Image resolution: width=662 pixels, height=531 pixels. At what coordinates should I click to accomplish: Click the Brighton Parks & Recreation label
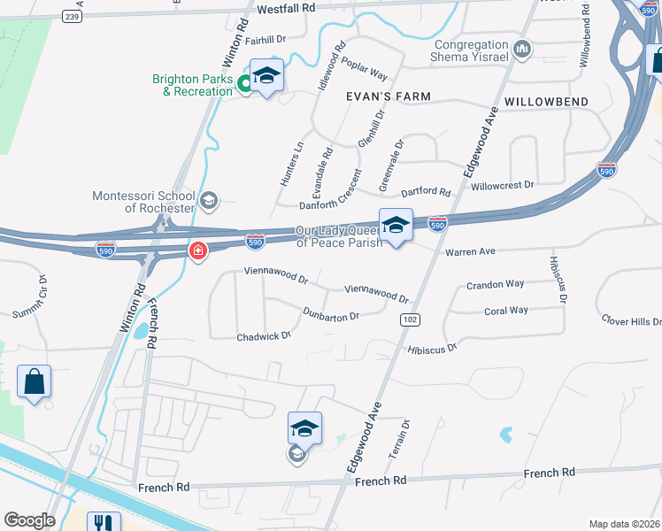[192, 85]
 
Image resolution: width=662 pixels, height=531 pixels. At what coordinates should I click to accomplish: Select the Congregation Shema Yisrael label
[472, 50]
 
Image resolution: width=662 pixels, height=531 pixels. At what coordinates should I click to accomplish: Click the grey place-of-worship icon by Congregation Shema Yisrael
[521, 50]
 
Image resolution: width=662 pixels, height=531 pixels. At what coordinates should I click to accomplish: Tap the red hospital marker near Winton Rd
[197, 251]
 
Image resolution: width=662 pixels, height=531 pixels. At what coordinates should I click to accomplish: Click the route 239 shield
[73, 17]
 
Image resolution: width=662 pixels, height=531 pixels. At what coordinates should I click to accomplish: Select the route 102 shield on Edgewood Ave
[408, 319]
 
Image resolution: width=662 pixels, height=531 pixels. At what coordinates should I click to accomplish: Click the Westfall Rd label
[287, 8]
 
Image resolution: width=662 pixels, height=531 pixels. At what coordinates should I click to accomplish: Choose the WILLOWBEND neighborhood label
[546, 103]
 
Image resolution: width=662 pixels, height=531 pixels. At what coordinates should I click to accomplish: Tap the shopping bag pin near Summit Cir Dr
[35, 382]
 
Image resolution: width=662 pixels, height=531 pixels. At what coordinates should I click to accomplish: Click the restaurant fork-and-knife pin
[104, 523]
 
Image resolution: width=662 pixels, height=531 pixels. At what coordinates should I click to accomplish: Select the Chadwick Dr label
[264, 336]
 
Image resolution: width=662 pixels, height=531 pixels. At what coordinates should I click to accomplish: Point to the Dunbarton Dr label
[331, 315]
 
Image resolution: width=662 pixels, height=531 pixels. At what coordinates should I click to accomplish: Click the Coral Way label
[506, 311]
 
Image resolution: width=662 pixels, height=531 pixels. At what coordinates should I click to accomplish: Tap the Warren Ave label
[470, 252]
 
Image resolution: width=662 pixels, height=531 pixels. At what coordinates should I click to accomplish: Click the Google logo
[29, 520]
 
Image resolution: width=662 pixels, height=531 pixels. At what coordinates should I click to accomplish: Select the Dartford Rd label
[427, 191]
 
